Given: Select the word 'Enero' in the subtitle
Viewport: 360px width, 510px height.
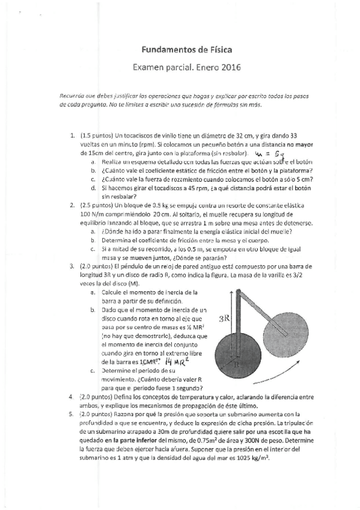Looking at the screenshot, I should point(195,68).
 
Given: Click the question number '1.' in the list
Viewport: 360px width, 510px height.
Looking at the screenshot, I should point(73,135).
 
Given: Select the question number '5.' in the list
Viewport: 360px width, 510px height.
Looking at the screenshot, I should point(73,414).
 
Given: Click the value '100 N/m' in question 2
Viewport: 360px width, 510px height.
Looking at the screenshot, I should point(91,214).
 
